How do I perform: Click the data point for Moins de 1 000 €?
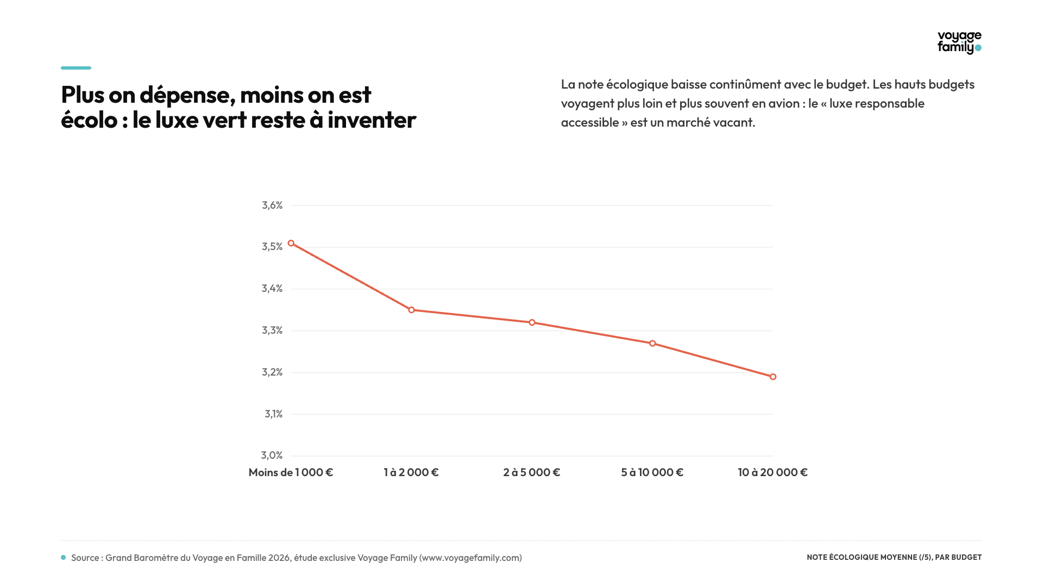[291, 243]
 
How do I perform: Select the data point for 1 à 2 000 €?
[412, 310]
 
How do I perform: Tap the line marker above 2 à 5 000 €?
[532, 323]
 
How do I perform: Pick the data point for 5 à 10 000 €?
[653, 344]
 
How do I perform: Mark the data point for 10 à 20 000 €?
[773, 377]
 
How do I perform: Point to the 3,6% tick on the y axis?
[272, 205]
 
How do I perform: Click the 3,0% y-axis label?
[272, 455]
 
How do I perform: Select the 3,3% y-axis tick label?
[272, 330]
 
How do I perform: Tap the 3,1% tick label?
[274, 414]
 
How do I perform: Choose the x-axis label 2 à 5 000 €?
[532, 472]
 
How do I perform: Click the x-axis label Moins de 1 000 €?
[291, 472]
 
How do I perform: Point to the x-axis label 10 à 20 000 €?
[773, 472]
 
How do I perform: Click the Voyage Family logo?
[959, 42]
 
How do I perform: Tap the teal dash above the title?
[76, 68]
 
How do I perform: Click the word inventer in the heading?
[372, 120]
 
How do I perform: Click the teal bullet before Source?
[64, 558]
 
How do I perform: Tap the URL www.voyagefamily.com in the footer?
[470, 558]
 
